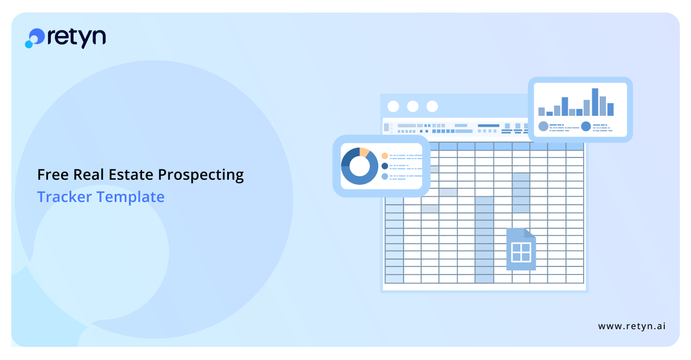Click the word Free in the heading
coord(53,175)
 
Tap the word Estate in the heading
coord(131,175)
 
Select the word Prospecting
coord(201,175)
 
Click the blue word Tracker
coord(64,197)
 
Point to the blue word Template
coord(131,197)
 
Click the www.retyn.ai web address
coord(632,326)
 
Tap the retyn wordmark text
coord(77,38)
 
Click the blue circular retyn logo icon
coord(35,38)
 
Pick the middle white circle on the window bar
coord(413,107)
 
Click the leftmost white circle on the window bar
coord(393,107)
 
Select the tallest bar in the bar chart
coord(595,102)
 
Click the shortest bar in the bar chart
coord(549,114)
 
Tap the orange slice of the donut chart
coord(364,152)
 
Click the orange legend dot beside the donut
coord(385,156)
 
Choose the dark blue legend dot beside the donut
coord(385,166)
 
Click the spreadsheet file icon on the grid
coord(521,249)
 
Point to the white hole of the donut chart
coord(359,166)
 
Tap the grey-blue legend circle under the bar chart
coord(543,127)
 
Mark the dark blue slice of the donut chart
coord(350,156)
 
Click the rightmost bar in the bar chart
coord(611,110)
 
